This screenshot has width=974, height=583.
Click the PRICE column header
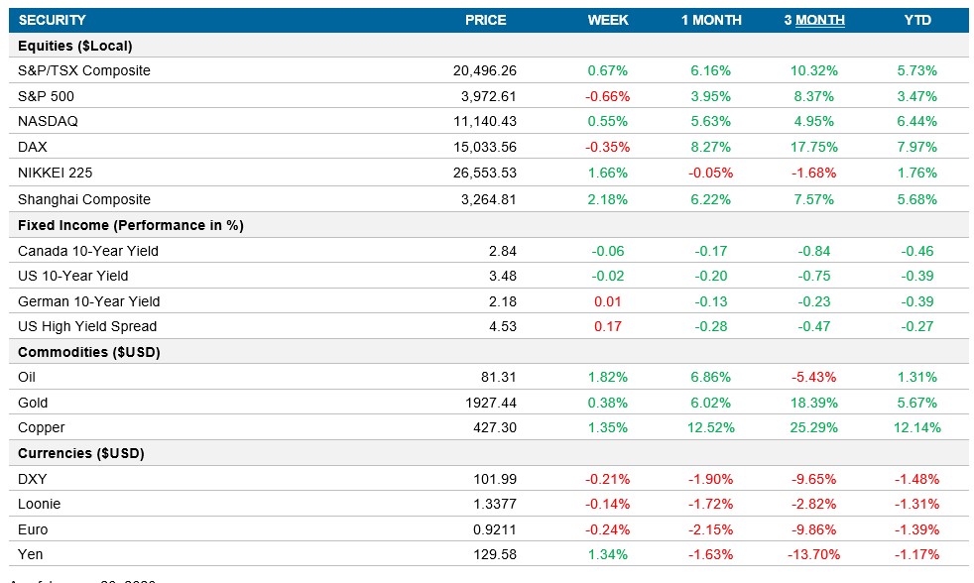coord(485,20)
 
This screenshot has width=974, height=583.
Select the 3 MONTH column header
coord(813,20)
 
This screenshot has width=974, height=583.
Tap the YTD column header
coord(917,20)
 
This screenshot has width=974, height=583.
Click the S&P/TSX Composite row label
coord(84,70)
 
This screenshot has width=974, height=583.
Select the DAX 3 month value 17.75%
coord(817,147)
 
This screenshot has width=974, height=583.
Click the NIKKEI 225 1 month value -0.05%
coord(710,173)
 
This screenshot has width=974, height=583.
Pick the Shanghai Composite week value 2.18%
coord(608,199)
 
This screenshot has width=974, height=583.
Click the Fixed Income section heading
coord(130,225)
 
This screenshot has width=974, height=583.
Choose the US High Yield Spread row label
coord(87,326)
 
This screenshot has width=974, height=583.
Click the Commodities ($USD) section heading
coord(89,352)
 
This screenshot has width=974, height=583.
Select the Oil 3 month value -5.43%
coord(817,377)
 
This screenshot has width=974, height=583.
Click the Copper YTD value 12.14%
coord(916,427)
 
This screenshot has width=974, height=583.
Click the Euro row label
coord(33,529)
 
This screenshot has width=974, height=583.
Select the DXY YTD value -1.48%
coord(916,479)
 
